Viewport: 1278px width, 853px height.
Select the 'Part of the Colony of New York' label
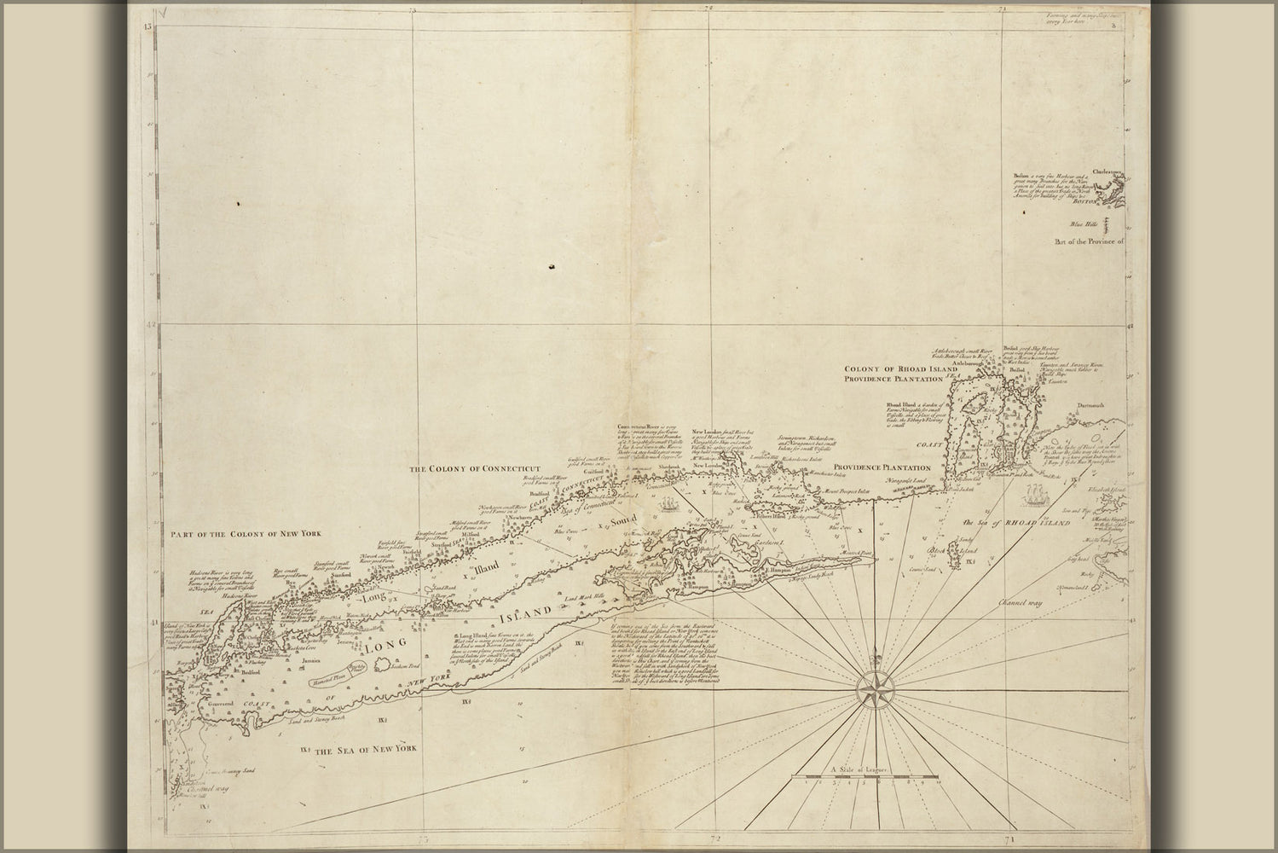coord(250,535)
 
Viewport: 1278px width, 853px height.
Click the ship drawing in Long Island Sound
coord(670,506)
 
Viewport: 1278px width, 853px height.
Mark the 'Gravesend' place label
coord(198,705)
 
